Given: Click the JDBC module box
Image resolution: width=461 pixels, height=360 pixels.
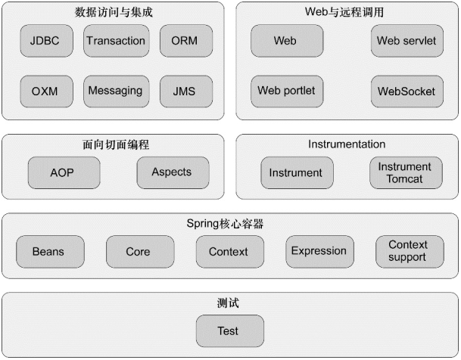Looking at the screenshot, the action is point(46,41).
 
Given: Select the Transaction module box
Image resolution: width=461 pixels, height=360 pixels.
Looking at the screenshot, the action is point(117,41).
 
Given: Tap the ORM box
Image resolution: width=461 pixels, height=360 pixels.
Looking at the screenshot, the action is point(186,41).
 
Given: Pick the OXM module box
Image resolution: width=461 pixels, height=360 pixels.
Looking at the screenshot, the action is point(46,92).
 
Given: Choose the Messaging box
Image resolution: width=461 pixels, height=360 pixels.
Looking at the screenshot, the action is point(117,92).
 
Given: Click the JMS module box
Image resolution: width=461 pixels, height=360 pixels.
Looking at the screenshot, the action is point(186,92).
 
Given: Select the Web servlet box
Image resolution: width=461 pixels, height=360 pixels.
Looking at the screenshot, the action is point(407,41).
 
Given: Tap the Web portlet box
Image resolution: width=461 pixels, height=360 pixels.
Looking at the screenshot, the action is point(287,92).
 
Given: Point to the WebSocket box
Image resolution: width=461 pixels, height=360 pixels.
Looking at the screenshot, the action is point(407,92).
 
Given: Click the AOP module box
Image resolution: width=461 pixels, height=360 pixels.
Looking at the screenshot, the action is point(64,172).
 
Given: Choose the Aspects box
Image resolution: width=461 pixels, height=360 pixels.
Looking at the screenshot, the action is point(173,172).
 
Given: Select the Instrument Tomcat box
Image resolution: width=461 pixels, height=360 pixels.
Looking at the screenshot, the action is point(406,172).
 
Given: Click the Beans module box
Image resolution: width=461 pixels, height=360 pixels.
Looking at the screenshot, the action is point(50,252).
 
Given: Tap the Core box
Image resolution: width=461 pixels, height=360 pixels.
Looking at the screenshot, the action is point(140,252).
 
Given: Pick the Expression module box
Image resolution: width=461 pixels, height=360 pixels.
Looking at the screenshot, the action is point(320,252).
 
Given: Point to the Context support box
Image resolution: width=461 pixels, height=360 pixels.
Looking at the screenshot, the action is point(410,252).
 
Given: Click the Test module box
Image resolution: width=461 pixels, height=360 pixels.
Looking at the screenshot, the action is point(230,331).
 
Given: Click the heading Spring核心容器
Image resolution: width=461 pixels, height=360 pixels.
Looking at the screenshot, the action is point(225,224).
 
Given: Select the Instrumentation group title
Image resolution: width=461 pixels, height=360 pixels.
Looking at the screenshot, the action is point(347,144).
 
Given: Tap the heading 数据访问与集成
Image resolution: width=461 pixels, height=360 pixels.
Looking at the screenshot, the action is point(114,12).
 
